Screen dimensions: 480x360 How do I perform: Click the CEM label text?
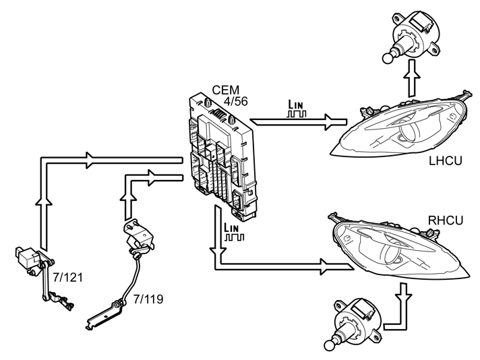pos(226,90)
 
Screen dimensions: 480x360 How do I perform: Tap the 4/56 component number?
pos(235,101)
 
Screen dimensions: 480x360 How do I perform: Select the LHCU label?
pos(446,160)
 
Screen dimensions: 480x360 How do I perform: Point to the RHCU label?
pos(446,220)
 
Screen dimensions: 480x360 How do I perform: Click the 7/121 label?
pos(67,277)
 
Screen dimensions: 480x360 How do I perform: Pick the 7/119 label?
pos(148,299)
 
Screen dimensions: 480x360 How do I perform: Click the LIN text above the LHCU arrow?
pos(296,104)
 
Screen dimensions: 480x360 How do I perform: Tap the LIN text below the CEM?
pos(231,228)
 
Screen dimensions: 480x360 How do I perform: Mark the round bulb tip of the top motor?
pos(387,58)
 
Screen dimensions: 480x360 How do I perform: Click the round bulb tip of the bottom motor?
pos(330,346)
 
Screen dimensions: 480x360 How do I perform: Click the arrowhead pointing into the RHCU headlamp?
pos(324,266)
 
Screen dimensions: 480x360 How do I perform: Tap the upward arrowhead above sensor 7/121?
pos(44,200)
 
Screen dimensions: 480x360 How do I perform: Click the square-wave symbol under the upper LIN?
pos(297,114)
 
